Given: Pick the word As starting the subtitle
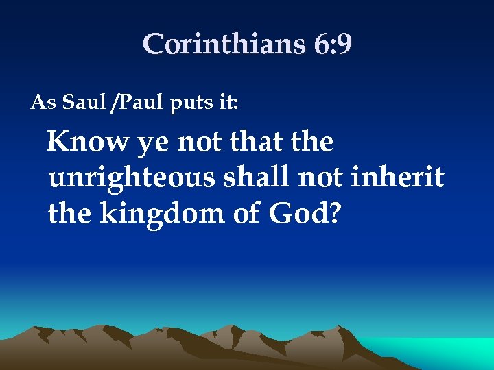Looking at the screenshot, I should (42, 103).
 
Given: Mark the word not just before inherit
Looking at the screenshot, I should (322, 179).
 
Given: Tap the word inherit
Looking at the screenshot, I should (397, 178).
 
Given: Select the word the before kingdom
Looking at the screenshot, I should (71, 214).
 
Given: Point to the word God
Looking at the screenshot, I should (298, 215).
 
